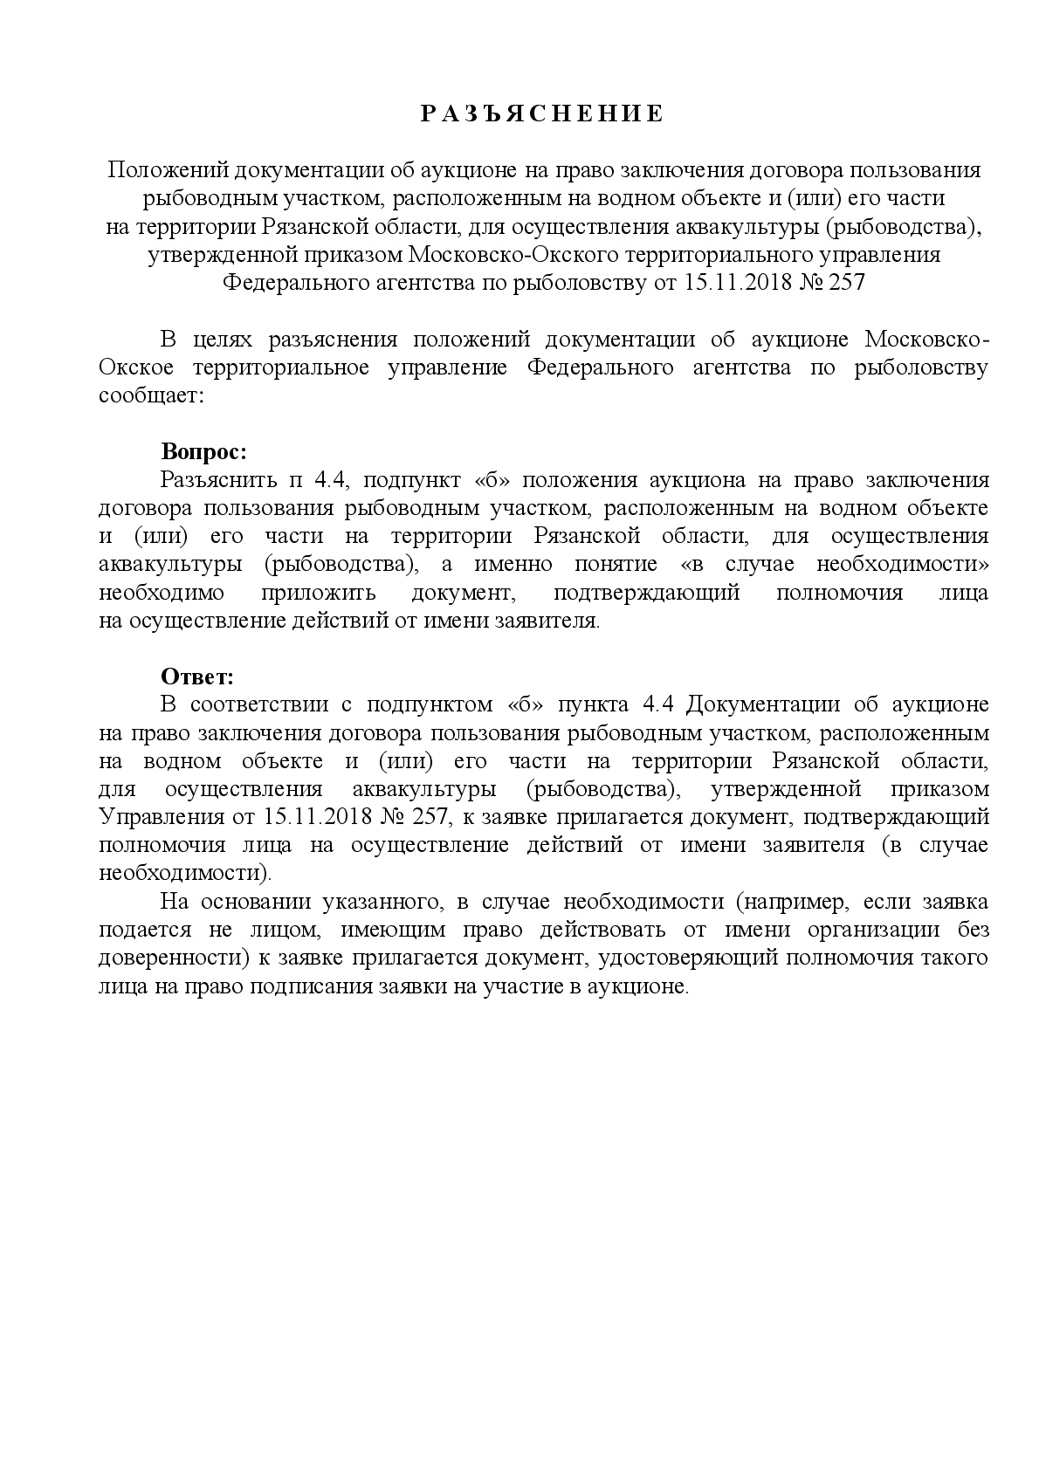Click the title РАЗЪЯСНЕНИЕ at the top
[542, 114]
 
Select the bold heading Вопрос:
[203, 452]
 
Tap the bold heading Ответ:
[198, 677]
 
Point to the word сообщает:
[150, 395]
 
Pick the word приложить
[318, 593]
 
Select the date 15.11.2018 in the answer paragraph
[316, 817]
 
